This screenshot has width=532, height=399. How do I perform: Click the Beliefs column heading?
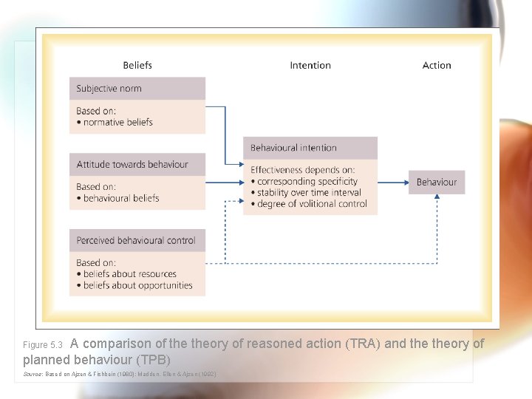(137, 66)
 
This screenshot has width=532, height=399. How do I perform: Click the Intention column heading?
(310, 66)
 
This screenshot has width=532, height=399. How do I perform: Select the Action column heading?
(437, 66)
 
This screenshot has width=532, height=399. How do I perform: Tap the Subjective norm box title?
(109, 89)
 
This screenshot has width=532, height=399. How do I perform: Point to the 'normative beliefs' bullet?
(117, 122)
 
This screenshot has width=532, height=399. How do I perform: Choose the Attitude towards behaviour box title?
(132, 164)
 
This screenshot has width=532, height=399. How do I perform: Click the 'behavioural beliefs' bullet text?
(120, 198)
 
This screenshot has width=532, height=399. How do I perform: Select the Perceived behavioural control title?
(136, 240)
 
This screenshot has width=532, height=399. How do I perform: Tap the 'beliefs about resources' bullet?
(129, 274)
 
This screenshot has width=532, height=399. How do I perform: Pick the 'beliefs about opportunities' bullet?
(137, 285)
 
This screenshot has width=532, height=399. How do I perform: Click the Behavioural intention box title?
(293, 148)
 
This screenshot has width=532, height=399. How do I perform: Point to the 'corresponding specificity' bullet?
(307, 181)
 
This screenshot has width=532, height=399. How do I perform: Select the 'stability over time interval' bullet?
(309, 192)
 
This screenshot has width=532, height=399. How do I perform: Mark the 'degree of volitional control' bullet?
(312, 203)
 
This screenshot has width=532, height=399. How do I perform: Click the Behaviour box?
(437, 182)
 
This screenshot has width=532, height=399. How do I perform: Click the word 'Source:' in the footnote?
(33, 375)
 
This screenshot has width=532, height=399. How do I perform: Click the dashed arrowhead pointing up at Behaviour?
(437, 197)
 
